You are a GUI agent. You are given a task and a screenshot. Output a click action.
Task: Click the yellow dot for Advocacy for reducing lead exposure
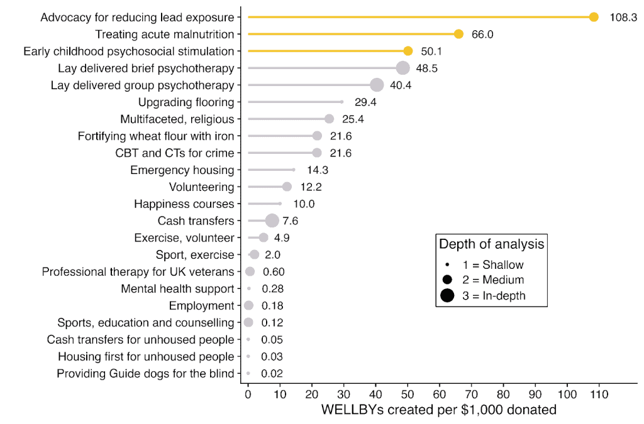[593, 17]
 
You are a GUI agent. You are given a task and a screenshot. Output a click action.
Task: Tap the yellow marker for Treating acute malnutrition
[458, 34]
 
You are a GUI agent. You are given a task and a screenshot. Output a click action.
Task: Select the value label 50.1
[431, 51]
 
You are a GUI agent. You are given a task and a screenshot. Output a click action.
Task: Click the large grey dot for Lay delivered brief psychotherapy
[402, 68]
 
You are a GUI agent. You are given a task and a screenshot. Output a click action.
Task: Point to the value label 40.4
[401, 85]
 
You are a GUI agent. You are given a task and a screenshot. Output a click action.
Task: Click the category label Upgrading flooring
[186, 102]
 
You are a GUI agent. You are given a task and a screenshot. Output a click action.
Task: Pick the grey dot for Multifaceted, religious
[329, 119]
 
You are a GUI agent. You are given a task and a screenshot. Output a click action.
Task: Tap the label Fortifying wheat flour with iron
[156, 136]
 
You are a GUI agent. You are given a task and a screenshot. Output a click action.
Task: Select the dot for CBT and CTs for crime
[317, 153]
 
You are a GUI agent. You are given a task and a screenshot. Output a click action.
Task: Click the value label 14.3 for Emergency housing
[318, 170]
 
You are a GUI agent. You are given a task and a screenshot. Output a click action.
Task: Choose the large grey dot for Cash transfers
[272, 220]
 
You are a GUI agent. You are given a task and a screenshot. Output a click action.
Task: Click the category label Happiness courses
[184, 204]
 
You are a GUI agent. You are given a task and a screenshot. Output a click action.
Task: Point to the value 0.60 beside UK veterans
[274, 271]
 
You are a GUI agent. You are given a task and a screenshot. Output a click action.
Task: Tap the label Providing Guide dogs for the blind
[145, 373]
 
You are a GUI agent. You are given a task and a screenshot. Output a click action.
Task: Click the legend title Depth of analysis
[491, 244]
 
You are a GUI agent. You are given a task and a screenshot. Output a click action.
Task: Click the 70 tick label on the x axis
[471, 395]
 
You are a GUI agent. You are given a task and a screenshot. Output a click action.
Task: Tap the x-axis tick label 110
[599, 395]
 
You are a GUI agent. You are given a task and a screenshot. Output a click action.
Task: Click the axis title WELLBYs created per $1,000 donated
[439, 410]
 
